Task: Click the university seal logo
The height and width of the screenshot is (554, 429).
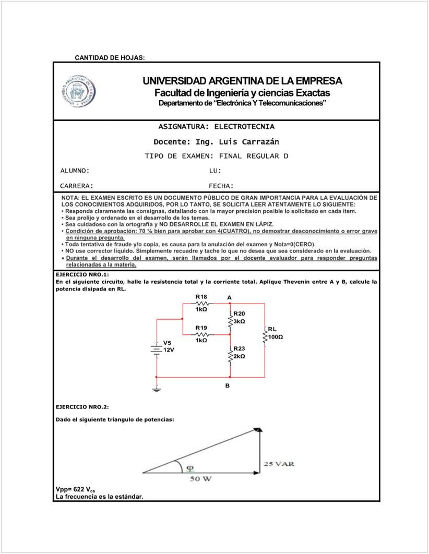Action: point(80,90)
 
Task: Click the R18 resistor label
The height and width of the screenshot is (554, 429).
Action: point(201,296)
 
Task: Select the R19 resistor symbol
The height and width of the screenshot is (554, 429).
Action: point(201,334)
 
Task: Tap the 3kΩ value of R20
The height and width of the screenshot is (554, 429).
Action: point(240,321)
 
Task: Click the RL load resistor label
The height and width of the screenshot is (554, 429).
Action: point(272,329)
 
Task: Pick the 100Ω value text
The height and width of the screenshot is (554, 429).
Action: point(275,337)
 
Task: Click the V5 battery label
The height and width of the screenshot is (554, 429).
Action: point(167,343)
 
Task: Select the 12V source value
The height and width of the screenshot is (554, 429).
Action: point(169,350)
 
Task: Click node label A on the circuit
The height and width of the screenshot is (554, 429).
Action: point(229,297)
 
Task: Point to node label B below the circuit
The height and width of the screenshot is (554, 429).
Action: point(227,387)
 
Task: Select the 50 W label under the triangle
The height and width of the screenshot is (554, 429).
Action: point(200,479)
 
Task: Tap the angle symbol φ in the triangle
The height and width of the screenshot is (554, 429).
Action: point(190,467)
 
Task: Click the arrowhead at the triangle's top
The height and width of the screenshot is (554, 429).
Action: point(259,430)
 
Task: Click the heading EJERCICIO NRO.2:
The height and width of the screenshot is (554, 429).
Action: point(82,406)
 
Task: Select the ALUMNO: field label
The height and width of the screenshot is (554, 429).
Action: point(75,171)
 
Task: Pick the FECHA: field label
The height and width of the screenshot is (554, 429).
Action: point(221,185)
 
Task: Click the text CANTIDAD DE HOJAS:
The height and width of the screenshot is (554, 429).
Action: point(110,57)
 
